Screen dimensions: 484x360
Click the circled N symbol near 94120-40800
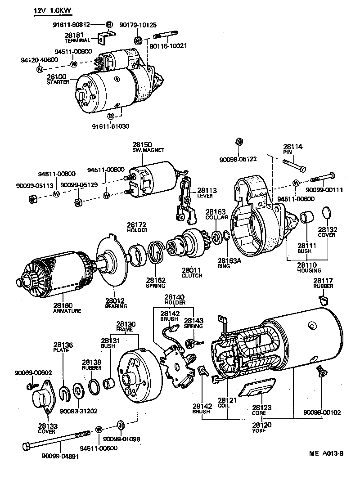pos(40,69)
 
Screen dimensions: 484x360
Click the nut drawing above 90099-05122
pos(239,142)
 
